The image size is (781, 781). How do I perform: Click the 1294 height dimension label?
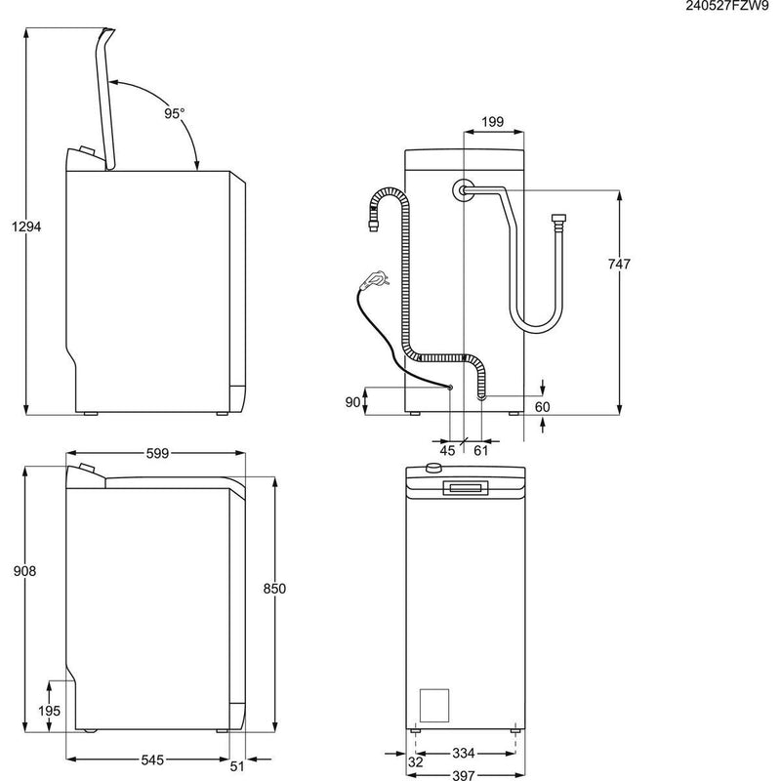click(x=26, y=226)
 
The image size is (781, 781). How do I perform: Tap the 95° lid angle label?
click(x=174, y=113)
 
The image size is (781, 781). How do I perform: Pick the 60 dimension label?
click(x=543, y=406)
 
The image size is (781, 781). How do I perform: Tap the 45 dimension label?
click(x=448, y=450)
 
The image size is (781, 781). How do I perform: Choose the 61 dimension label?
click(x=480, y=450)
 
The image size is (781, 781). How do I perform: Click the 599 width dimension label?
click(x=157, y=452)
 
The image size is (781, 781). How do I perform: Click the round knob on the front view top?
click(x=430, y=470)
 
